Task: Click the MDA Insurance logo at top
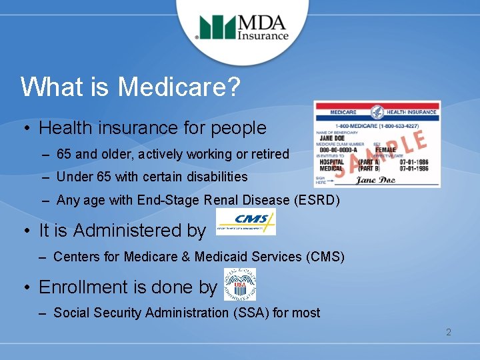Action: tap(243, 28)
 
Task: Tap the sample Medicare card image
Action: tap(377, 144)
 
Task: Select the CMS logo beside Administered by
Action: tap(245, 221)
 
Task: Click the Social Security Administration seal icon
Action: tap(239, 285)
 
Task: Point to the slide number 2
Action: tap(449, 332)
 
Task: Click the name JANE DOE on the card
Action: tap(333, 139)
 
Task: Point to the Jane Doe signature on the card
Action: tap(375, 179)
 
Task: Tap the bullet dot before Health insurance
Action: tap(24, 128)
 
